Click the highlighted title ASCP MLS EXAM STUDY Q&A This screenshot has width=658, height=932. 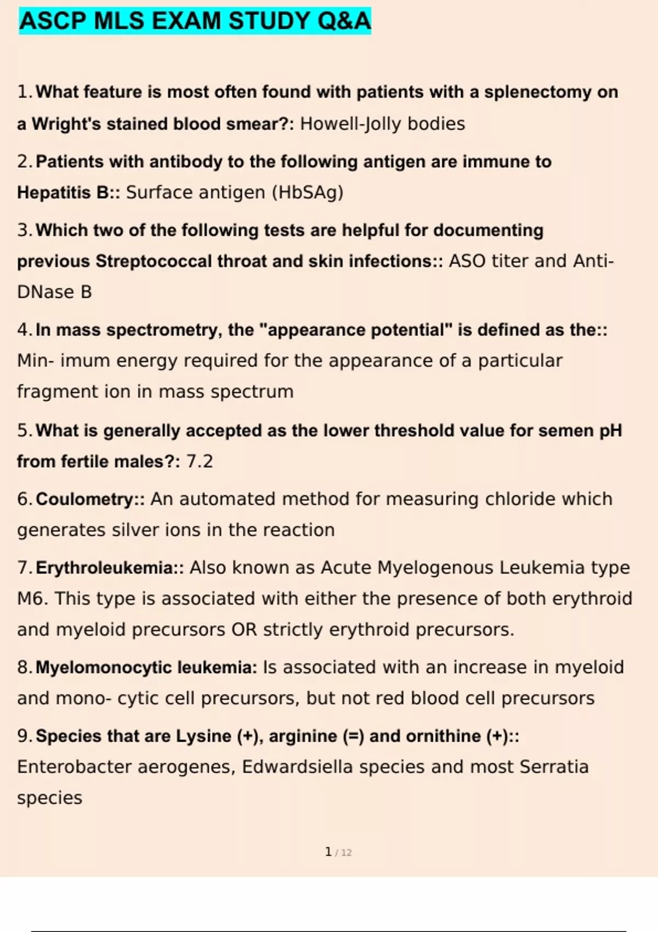[x=195, y=21]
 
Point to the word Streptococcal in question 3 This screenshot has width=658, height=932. [x=154, y=261]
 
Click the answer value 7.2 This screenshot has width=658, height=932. [x=200, y=461]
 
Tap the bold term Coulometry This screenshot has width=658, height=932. [x=84, y=499]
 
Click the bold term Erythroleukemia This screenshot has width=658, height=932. [x=104, y=567]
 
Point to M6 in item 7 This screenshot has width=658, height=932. [x=32, y=598]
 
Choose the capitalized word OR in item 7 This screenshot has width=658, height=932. [x=244, y=629]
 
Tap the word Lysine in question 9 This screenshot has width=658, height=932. [x=203, y=736]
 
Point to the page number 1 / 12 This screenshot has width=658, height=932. [x=338, y=852]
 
